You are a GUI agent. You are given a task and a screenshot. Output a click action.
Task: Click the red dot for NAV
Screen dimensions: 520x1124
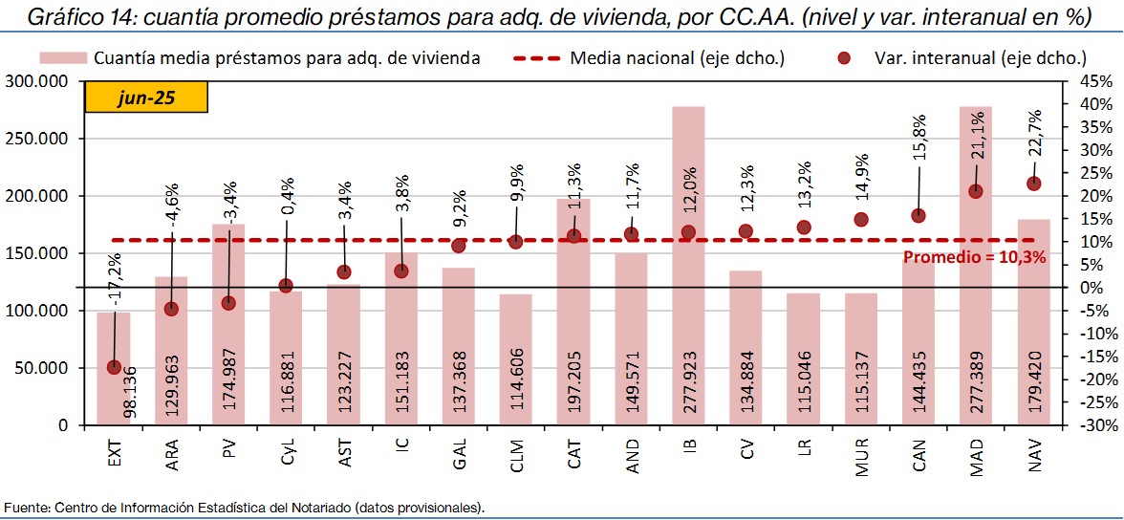click(x=1033, y=184)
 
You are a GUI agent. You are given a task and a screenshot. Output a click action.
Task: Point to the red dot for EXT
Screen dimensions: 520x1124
click(x=114, y=367)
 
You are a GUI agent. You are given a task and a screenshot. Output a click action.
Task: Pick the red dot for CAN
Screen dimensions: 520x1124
click(x=919, y=216)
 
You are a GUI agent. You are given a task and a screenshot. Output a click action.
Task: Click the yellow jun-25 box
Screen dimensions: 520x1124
click(x=146, y=97)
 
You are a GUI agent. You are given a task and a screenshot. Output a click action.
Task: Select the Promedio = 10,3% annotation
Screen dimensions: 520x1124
click(x=975, y=257)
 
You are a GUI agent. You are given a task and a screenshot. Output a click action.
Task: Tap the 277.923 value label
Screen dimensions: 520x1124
click(x=689, y=386)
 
